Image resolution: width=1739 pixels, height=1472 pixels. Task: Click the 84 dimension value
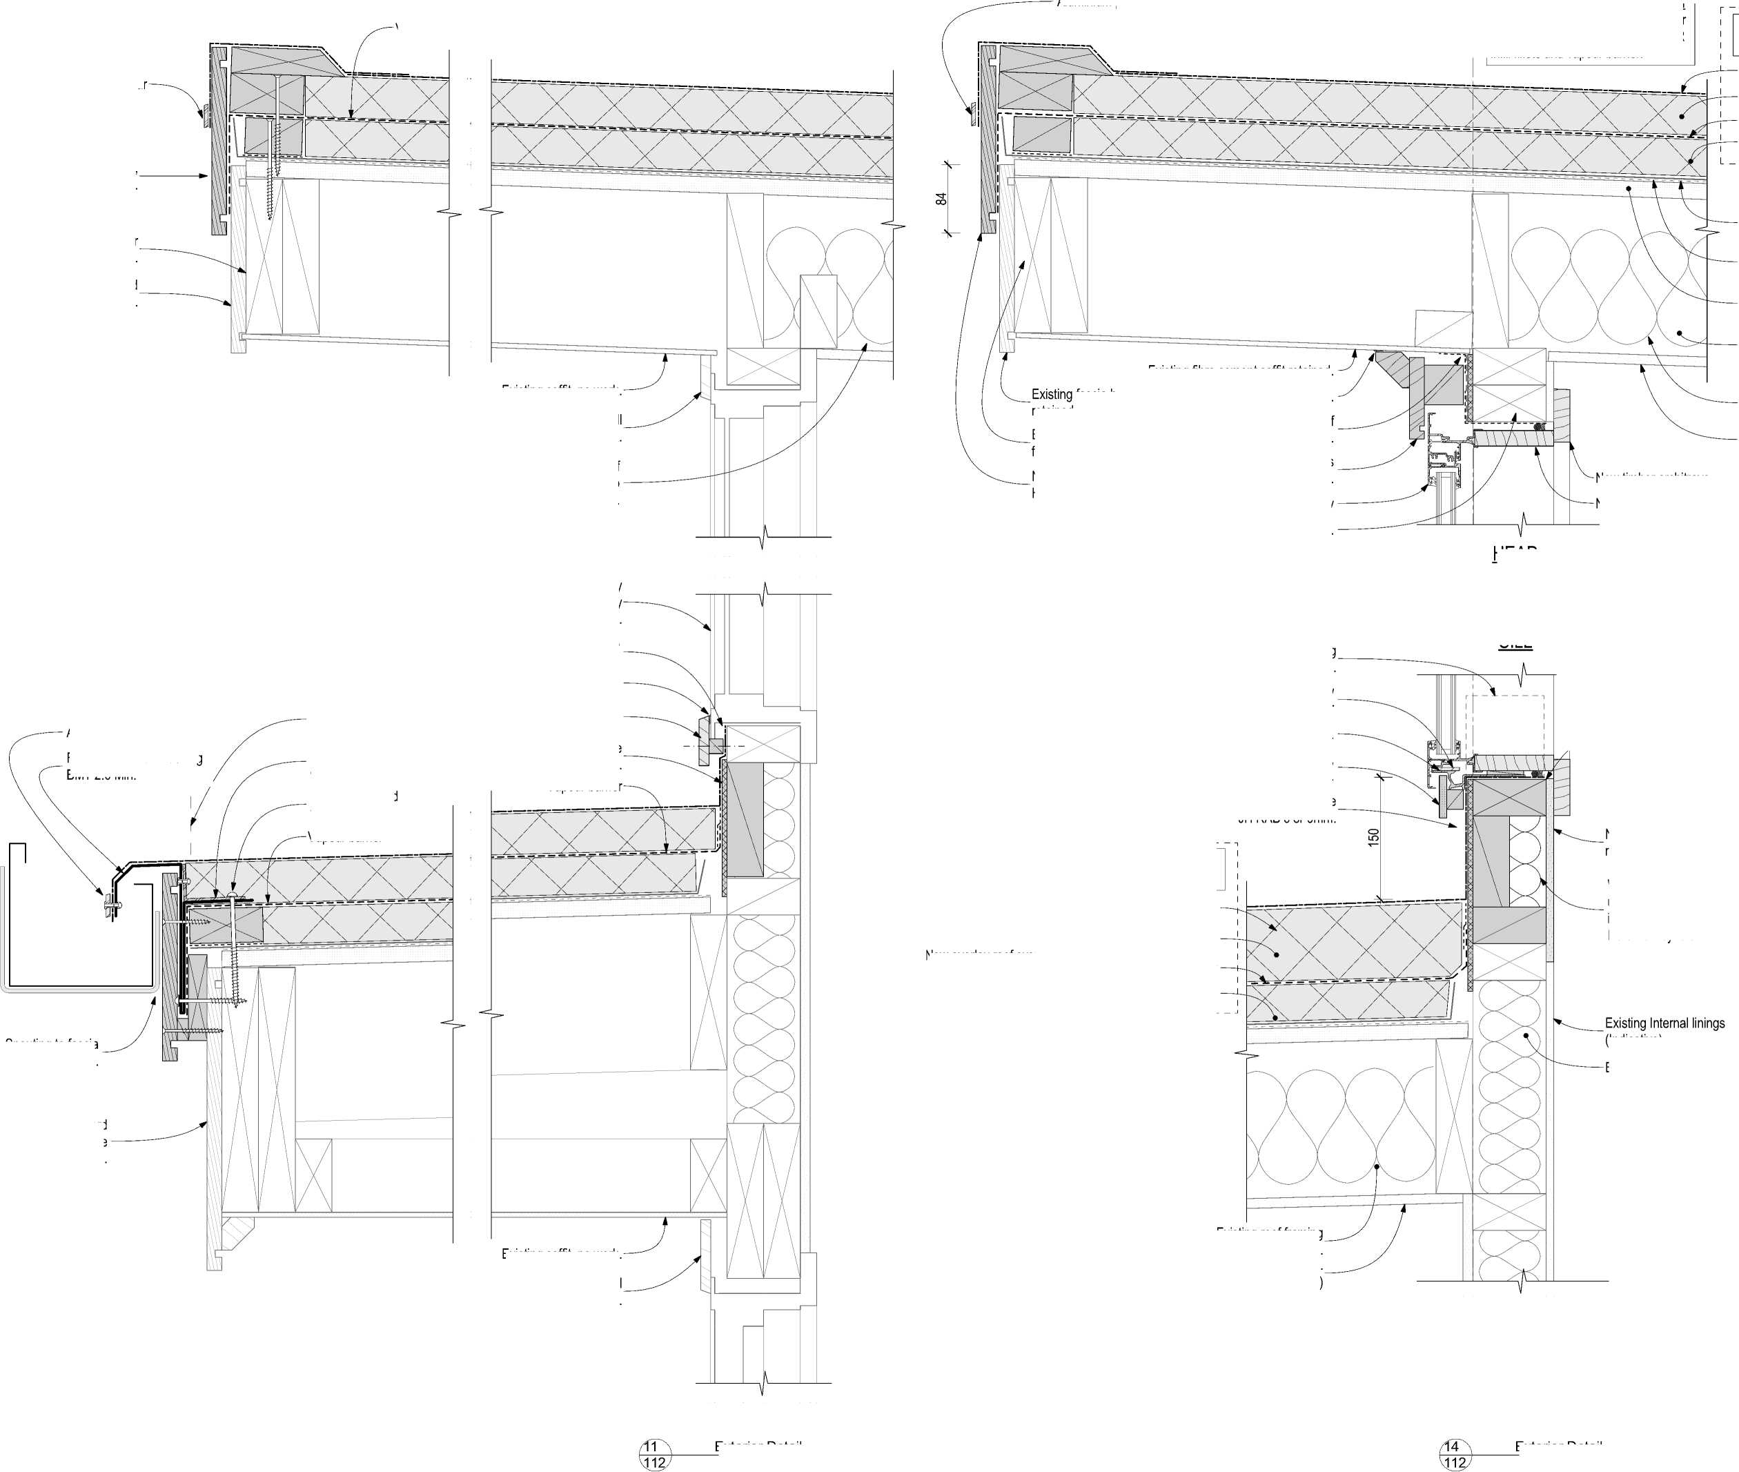click(941, 199)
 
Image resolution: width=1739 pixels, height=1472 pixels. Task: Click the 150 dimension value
click(1373, 837)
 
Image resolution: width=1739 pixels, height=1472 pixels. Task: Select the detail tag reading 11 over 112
click(654, 1455)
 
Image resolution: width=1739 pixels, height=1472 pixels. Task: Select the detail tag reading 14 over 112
click(1455, 1455)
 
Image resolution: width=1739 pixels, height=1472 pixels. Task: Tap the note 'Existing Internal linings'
click(1664, 1023)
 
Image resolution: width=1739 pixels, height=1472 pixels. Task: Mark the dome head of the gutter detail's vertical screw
click(230, 895)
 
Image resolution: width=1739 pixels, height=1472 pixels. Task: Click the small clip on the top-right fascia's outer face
click(972, 109)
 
